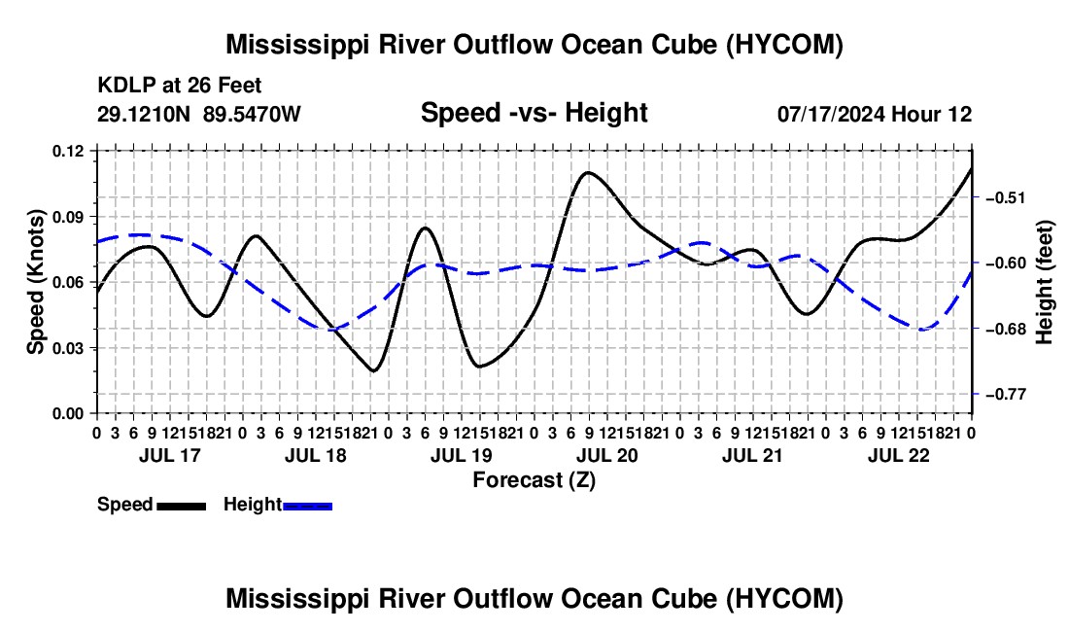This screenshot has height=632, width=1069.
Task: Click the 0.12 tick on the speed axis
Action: [x=71, y=151]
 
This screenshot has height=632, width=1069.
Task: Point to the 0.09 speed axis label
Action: [x=71, y=217]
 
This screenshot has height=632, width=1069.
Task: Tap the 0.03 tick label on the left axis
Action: [x=71, y=348]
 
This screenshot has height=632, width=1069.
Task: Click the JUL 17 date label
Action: [x=170, y=455]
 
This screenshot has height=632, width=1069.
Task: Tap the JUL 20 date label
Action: [x=606, y=455]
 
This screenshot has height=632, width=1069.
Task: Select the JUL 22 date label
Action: [x=899, y=455]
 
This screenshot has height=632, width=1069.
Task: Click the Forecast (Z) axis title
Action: [x=534, y=480]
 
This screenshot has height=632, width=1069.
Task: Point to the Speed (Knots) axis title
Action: [x=35, y=282]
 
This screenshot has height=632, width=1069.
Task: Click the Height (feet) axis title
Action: [x=1044, y=282]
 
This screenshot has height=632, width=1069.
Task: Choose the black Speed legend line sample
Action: [x=182, y=506]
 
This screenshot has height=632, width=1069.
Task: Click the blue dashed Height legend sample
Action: [x=307, y=506]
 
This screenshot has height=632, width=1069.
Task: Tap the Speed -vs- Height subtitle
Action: [x=534, y=113]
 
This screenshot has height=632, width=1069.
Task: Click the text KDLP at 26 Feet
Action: [x=180, y=86]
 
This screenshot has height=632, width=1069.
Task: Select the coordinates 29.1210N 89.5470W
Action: [x=198, y=114]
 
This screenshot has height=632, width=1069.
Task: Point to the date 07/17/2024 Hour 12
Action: [x=875, y=114]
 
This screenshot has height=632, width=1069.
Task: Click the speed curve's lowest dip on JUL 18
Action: [x=373, y=370]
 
